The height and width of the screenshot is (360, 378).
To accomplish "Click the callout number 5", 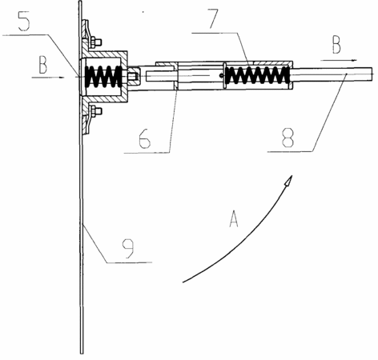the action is coord(23,21).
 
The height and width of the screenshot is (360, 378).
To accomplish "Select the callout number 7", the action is coord(214,18).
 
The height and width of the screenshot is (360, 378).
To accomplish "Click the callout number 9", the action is coord(128,249).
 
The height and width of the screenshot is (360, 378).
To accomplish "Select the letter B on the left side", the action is coord(42,65).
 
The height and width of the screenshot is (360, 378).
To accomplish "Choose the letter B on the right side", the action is coord(336,45).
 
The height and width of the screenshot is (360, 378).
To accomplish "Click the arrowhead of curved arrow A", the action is coord(288,182).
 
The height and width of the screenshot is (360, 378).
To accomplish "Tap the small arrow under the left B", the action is coord(48,78).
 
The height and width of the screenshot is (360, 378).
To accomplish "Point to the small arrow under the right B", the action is coord(339,60).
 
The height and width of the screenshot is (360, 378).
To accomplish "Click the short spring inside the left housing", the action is coord(103,76).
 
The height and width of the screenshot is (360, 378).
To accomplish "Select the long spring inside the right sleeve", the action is coord(258,75).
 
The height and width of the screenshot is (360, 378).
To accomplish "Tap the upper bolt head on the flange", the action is coord(97,42).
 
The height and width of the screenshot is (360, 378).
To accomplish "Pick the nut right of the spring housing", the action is coord(132,77).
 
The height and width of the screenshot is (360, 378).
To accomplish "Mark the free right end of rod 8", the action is coord(372,74).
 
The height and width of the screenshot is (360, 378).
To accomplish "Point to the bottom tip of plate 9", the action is coord(82,354).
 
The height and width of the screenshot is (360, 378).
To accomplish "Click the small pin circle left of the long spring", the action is coord(221,75).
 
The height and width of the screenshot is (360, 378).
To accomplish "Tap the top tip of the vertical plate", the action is coord(80,2).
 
